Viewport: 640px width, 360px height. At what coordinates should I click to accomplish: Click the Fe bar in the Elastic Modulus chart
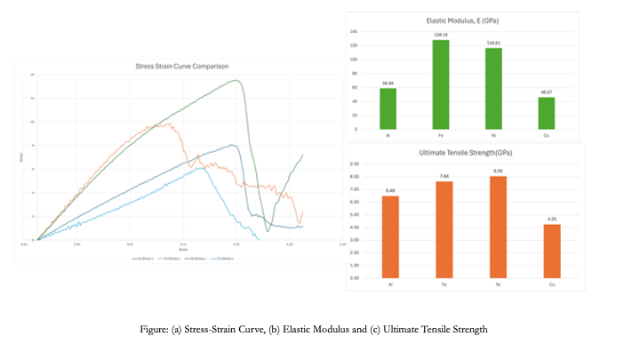click(440, 84)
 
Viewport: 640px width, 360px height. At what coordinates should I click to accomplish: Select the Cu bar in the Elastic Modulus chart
click(546, 113)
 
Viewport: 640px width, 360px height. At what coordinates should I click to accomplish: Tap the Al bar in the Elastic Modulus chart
click(388, 108)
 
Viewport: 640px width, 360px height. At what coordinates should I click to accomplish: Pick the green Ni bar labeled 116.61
click(493, 88)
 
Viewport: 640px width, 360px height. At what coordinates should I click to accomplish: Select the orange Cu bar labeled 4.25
click(551, 251)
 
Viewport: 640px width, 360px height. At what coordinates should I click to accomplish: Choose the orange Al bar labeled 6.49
click(389, 236)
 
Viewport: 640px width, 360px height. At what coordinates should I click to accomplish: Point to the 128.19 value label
click(440, 36)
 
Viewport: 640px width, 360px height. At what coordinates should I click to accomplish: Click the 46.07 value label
click(546, 92)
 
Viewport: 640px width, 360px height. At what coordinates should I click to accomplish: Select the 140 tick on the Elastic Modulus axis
click(355, 31)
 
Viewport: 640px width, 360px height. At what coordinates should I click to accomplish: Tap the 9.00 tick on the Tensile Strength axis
click(354, 164)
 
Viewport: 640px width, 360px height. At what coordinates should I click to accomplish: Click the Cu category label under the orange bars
click(551, 284)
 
